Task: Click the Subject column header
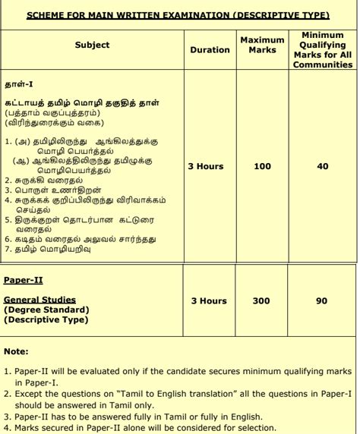click(x=92, y=46)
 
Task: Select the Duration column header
click(x=209, y=50)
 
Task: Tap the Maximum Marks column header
click(x=262, y=45)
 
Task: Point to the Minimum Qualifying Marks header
click(x=322, y=50)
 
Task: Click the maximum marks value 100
click(x=262, y=166)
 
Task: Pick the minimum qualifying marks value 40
click(x=322, y=166)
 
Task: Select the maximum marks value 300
click(x=261, y=301)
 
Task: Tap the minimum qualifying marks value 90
click(x=322, y=301)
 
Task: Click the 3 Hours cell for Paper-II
click(x=209, y=301)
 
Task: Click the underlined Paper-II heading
click(x=24, y=280)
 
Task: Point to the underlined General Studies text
click(x=39, y=300)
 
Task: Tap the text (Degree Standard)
click(x=46, y=310)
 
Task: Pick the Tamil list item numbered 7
click(x=52, y=248)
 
